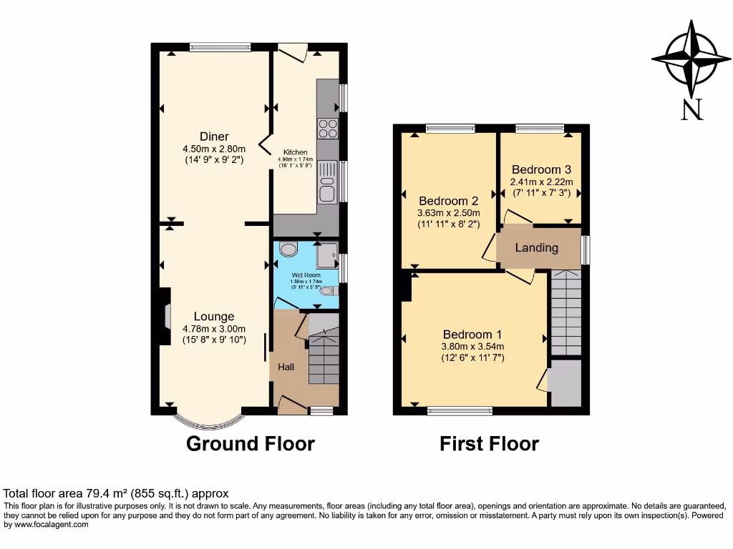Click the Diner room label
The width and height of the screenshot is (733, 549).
pos(214,137)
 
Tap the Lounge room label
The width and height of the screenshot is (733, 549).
pos(214,317)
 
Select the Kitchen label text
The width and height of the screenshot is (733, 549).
pos(296,153)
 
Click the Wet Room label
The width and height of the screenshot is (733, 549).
pos(306,275)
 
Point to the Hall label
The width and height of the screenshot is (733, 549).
pos(286,367)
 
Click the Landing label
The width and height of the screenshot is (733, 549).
pos(537,248)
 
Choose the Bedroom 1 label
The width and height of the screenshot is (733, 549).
pos(472,335)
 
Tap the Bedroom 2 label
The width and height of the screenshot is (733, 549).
pos(448,200)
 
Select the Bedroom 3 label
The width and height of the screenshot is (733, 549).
pos(541,170)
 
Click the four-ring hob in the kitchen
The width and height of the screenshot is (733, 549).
pos(328,128)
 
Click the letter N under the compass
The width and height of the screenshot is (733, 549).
pos(691,109)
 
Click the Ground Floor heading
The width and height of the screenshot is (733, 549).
pos(251,444)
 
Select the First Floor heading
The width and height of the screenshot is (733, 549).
pos(489,444)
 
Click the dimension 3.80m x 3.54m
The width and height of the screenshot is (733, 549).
pos(473,347)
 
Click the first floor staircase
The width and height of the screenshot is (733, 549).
pos(565,313)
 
